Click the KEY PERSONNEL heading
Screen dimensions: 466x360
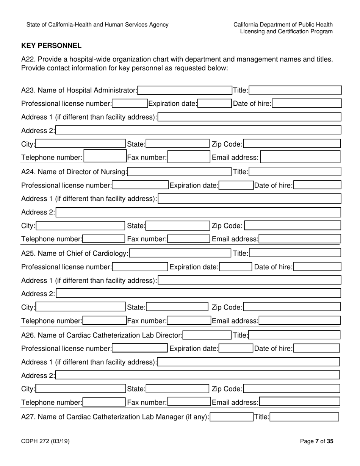(x=51, y=46)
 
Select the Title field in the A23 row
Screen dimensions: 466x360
(x=296, y=90)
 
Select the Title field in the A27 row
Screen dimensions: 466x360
(x=304, y=417)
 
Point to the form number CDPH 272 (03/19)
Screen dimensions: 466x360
(x=45, y=441)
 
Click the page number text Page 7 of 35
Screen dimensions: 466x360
(x=316, y=441)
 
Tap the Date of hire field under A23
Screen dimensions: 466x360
(x=307, y=103)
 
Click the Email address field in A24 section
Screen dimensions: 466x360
(x=300, y=239)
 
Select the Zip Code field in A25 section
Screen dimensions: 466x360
(x=292, y=307)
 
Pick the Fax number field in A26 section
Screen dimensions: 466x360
(x=188, y=402)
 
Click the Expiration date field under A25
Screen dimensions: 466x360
(x=235, y=267)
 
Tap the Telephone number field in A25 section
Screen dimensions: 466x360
(x=104, y=321)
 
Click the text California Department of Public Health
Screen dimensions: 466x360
(x=283, y=25)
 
